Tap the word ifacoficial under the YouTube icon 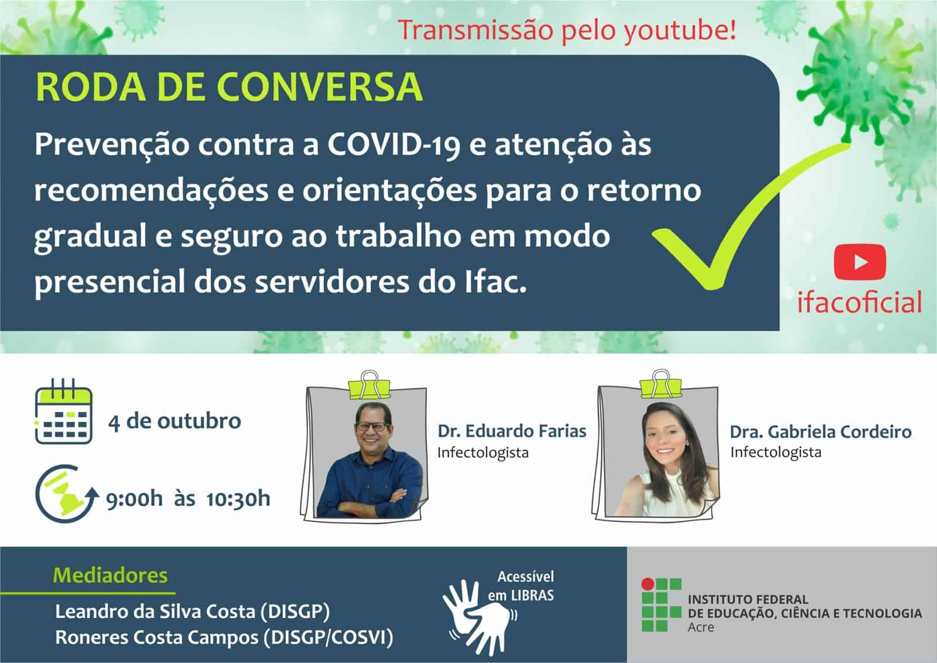tap(859, 303)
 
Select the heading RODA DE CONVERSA tap(229, 88)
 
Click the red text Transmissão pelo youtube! tap(567, 30)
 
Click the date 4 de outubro tap(175, 421)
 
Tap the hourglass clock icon tap(64, 493)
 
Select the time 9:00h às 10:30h tap(188, 499)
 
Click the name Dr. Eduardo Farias tap(512, 431)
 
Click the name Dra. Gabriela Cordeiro tap(820, 432)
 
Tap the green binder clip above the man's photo tap(368, 384)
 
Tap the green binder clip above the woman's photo tap(661, 383)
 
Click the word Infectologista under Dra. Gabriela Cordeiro tap(775, 452)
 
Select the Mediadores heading tap(110, 575)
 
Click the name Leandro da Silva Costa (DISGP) tap(192, 612)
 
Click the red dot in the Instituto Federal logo tap(647, 583)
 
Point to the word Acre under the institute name tap(700, 627)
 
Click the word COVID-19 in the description tap(394, 145)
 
